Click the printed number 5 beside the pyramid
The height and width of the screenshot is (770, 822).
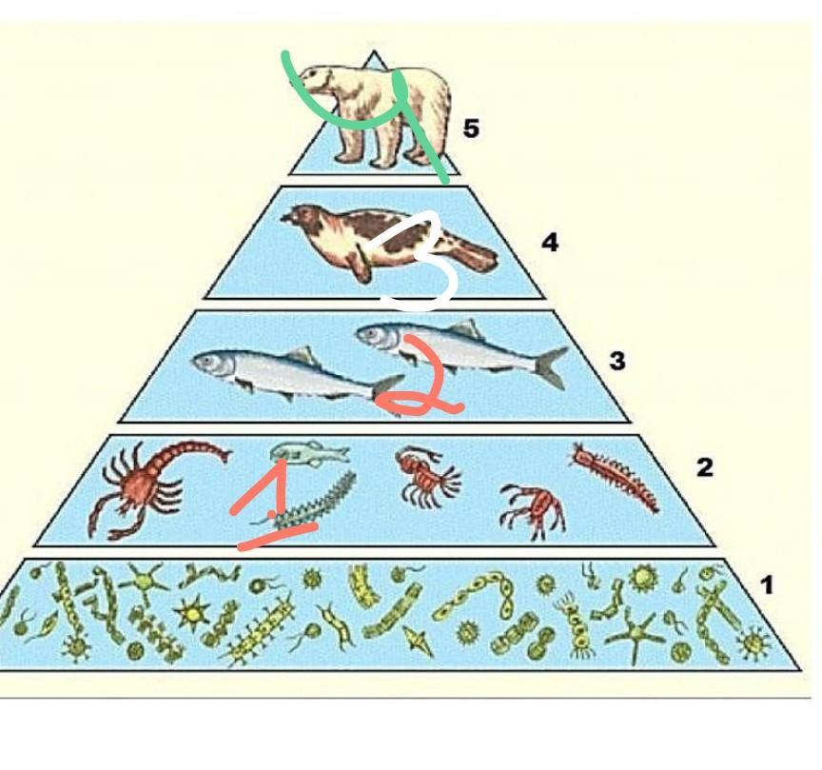click(x=471, y=128)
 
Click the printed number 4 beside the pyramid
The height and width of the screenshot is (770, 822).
click(x=550, y=243)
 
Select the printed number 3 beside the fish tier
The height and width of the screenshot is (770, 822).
click(x=617, y=361)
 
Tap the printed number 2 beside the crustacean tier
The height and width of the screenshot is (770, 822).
click(x=704, y=467)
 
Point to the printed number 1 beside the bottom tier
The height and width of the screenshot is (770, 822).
click(x=767, y=585)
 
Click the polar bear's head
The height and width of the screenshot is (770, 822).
click(x=320, y=83)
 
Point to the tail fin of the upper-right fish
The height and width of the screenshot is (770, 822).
click(x=550, y=366)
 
